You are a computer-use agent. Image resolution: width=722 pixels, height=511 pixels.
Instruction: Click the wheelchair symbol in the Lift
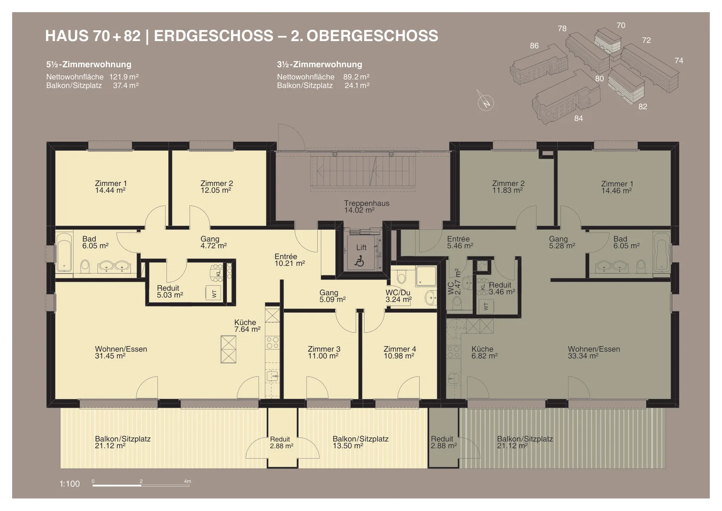pos(359,261)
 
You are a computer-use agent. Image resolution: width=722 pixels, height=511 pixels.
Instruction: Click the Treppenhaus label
pos(366,203)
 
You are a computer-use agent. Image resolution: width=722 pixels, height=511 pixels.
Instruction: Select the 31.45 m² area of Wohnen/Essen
pos(110,356)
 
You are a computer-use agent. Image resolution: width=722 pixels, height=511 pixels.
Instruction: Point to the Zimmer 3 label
pos(324,349)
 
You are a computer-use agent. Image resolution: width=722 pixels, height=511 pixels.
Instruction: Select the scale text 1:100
pos(69,483)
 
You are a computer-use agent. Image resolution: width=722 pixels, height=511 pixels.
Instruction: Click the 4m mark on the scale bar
pos(188,481)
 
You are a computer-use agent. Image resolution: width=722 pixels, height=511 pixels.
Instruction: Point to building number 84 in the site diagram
pos(579,118)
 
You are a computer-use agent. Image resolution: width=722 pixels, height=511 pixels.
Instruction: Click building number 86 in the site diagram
pos(534,46)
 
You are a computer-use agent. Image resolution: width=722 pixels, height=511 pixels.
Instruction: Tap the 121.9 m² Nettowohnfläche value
pos(124,77)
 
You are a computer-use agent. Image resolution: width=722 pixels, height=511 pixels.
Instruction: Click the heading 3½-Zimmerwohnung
pos(319,65)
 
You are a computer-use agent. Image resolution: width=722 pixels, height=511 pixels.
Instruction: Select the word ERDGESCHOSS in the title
pos(213,36)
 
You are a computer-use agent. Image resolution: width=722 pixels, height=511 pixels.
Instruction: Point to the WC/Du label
pos(398,293)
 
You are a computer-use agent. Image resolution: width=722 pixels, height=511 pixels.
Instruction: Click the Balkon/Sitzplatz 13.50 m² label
pos(361,442)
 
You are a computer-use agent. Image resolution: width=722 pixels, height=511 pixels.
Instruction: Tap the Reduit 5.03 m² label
pos(170,292)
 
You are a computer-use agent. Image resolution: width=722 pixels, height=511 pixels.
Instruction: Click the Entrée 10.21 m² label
pos(289,260)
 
